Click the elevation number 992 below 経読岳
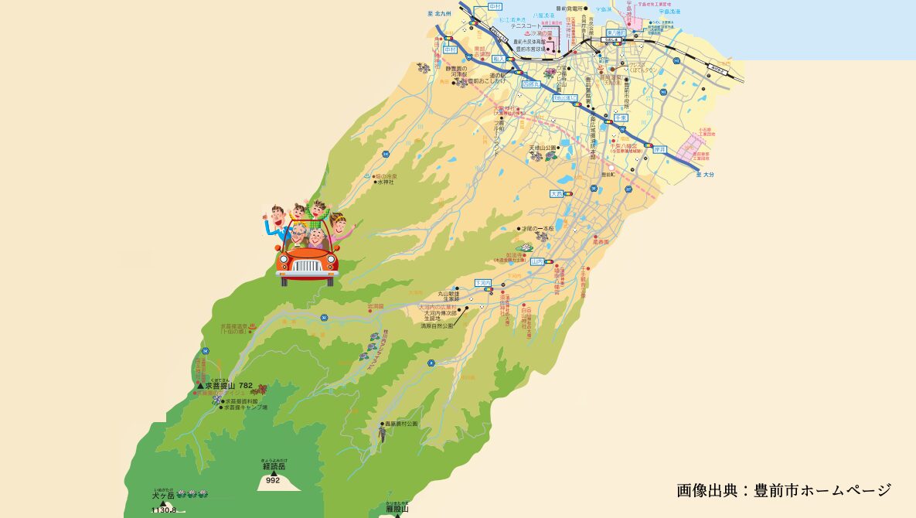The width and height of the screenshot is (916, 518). tap(272, 480)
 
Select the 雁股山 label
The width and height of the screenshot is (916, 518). tap(397, 509)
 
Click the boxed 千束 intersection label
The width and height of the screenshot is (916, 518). tap(620, 117)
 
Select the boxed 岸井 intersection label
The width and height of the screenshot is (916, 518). tap(659, 149)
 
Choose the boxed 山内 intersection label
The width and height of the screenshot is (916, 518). tap(538, 262)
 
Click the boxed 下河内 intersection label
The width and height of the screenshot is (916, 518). tap(483, 283)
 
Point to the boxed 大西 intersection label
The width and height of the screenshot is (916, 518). tap(558, 193)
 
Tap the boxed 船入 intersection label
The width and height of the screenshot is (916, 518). tap(499, 58)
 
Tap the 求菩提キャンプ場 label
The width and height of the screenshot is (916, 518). tap(244, 407)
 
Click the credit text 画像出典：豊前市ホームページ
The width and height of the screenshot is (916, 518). tap(784, 490)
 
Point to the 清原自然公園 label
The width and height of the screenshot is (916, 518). tap(437, 326)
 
